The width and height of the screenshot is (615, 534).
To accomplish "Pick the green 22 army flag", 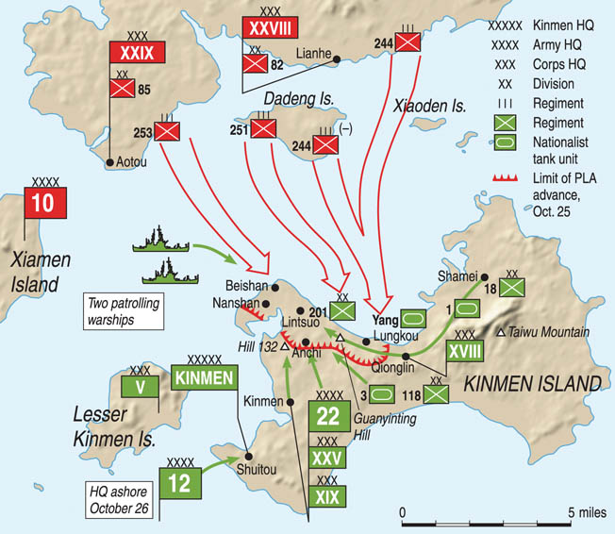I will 328,417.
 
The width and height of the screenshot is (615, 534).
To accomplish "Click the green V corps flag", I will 139,386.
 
